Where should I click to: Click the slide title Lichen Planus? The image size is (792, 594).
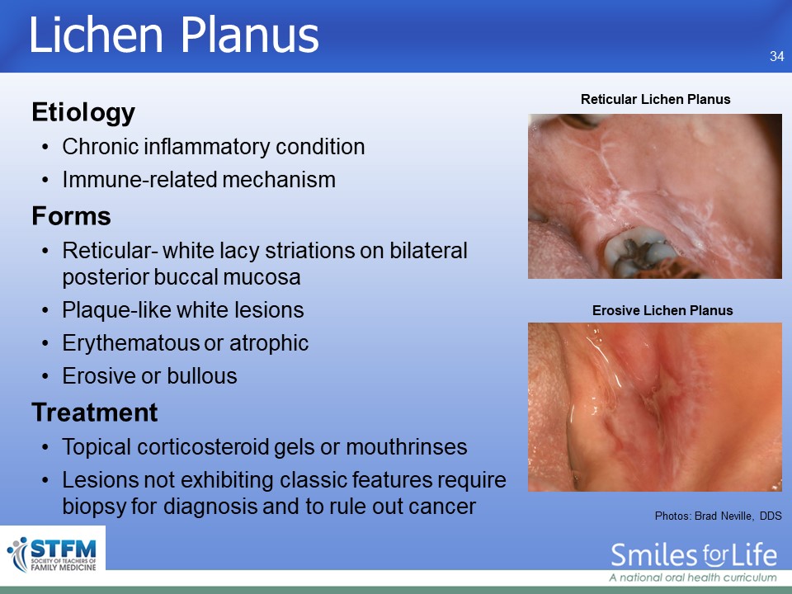pos(174,35)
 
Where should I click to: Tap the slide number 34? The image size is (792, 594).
pos(777,56)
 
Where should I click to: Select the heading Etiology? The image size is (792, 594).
pos(83,113)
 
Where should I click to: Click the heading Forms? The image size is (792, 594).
pos(71,216)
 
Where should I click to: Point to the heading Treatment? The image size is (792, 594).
pos(95,412)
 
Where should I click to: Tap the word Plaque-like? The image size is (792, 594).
pos(118,310)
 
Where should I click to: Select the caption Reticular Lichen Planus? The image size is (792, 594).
pos(655,99)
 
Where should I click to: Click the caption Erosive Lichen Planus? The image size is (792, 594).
pos(662,310)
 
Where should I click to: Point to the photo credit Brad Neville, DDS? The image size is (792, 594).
pos(738,516)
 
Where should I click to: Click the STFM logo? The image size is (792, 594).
pos(53,554)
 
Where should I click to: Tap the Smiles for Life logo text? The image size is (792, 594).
pos(694,555)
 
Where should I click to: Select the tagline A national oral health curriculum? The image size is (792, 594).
pos(692,577)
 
